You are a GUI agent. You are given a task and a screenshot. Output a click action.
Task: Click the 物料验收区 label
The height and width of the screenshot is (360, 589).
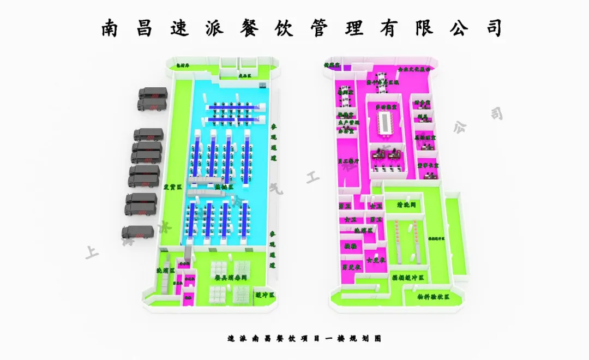[434, 297]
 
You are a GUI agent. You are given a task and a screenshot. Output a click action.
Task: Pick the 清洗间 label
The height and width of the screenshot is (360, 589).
[406, 205]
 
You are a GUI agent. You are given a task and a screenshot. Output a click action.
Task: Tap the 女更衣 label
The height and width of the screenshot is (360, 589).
[376, 260]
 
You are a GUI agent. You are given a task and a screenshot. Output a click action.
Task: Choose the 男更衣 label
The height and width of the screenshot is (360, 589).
[351, 267]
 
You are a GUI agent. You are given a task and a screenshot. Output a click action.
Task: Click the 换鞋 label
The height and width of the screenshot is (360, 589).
[350, 246]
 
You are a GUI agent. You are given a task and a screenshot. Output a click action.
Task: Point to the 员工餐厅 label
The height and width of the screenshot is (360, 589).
[348, 161]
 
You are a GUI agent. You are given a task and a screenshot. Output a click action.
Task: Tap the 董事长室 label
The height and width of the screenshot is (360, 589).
[428, 164]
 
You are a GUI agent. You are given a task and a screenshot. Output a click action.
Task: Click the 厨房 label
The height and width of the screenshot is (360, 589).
[422, 116]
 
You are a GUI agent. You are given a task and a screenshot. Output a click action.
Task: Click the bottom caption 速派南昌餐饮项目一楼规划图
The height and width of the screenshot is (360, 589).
[304, 338]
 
